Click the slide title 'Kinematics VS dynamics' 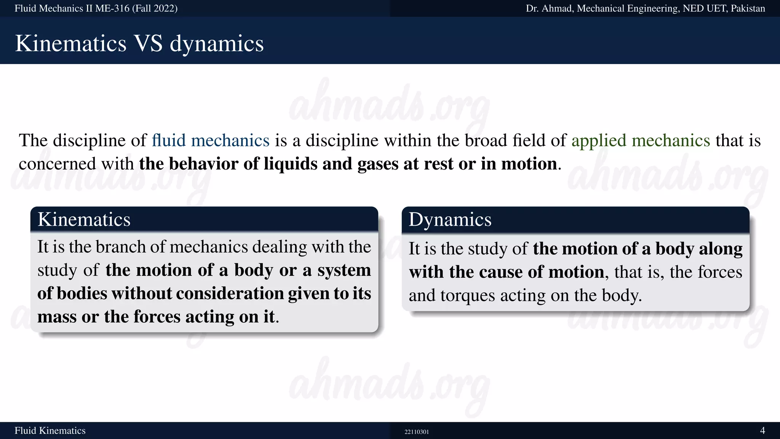[x=139, y=43]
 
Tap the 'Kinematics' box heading [x=84, y=219]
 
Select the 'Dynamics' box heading [x=450, y=219]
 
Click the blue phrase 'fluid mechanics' [x=211, y=140]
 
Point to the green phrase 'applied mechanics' [x=641, y=140]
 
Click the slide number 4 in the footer [x=762, y=431]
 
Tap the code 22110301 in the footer [x=417, y=432]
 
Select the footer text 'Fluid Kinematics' [x=50, y=431]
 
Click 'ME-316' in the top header [x=112, y=8]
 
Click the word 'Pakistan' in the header [x=748, y=8]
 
